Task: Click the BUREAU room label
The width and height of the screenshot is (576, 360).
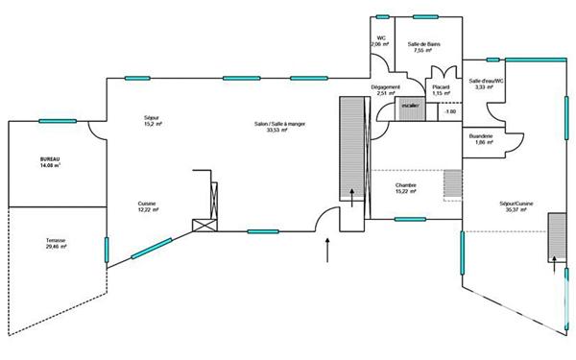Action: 50,161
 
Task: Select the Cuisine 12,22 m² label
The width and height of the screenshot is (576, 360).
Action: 147,206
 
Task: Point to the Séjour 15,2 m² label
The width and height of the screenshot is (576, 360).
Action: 153,121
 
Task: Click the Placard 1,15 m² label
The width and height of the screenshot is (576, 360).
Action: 442,89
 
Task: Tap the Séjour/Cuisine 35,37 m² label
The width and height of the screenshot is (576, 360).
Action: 516,206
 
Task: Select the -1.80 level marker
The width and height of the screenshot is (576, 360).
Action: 449,113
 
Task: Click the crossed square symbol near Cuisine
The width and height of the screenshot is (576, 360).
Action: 204,227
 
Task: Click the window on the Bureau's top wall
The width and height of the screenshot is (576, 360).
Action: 57,121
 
